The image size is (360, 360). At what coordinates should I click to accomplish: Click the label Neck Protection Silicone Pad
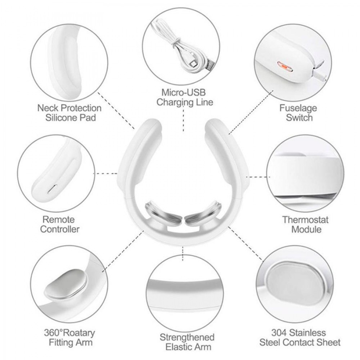pyautogui.click(x=70, y=113)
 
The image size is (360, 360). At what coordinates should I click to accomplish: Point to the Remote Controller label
pyautogui.click(x=60, y=224)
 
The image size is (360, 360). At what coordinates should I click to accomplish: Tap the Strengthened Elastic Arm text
pyautogui.click(x=187, y=342)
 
